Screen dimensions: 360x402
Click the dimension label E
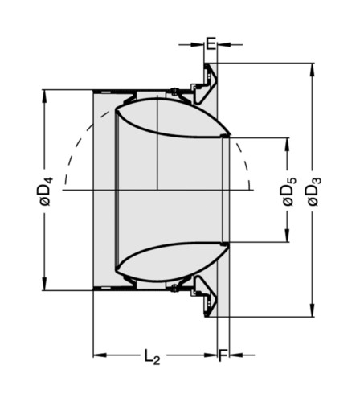pos(211,43)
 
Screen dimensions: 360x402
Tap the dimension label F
pos(223,355)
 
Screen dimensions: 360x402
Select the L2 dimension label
pos(153,357)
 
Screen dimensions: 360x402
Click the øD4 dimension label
pos(47,191)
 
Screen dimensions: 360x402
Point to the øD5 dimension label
pos(289,191)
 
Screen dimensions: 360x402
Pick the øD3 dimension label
pos(314,191)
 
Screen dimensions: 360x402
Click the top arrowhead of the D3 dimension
pos(312,70)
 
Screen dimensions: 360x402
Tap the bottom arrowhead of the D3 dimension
pos(312,310)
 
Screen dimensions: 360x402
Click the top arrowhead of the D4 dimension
pos(44,97)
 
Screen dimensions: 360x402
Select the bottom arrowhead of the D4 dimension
pos(44,283)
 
